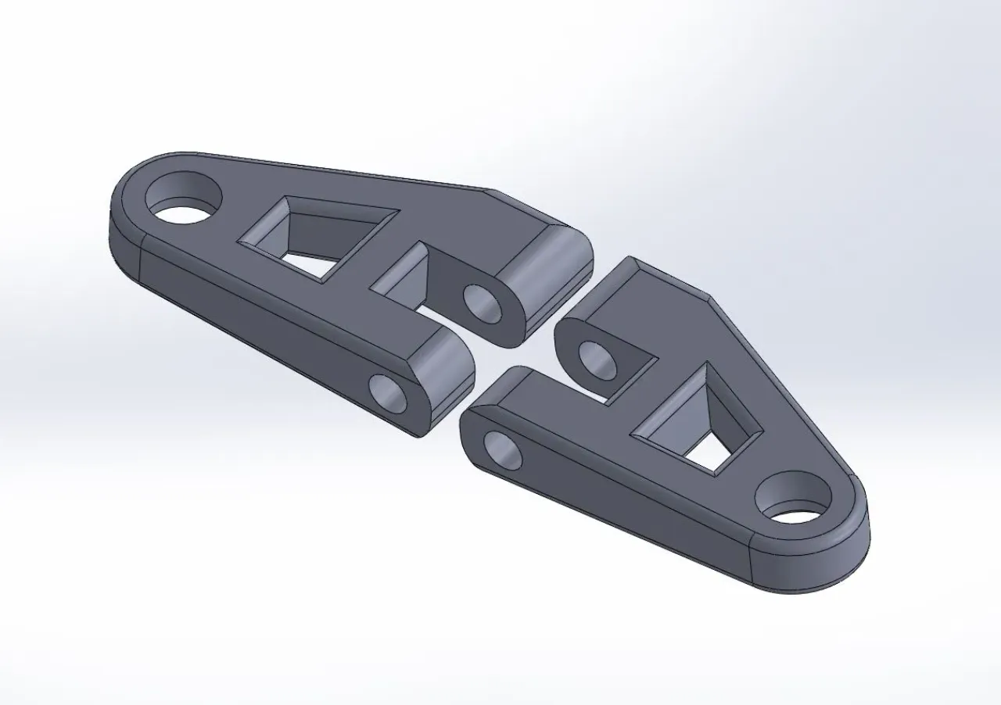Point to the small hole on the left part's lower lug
pos(388,393)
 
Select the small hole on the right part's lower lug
pos(503,450)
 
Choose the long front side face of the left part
pos(258,313)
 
